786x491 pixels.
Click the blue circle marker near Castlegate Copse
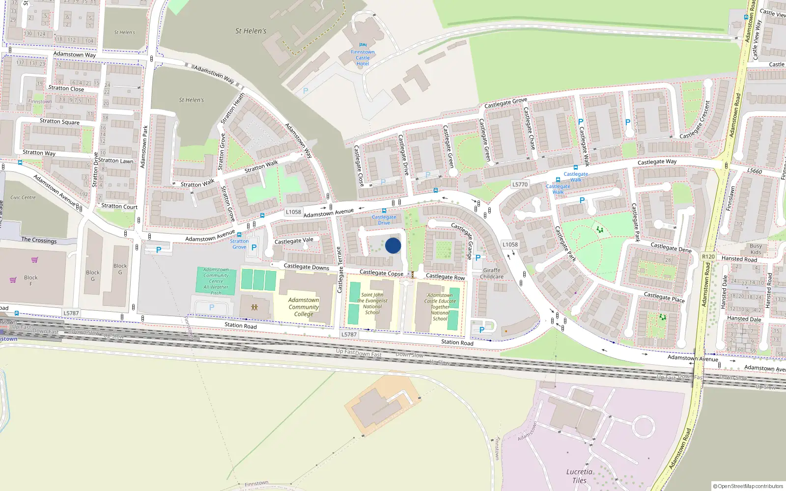[393, 245]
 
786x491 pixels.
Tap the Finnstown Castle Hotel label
[363, 58]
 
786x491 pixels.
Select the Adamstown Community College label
[304, 307]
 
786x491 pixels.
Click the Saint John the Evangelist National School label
[372, 303]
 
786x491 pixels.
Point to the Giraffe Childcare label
[492, 273]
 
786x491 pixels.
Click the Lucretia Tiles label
[579, 476]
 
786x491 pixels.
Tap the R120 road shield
[708, 257]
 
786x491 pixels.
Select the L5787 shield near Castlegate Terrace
[349, 334]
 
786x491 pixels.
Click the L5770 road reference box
[520, 185]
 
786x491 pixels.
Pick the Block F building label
[30, 280]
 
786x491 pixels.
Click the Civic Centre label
[23, 197]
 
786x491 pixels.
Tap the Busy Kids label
[756, 249]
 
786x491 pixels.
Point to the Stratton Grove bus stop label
[239, 244]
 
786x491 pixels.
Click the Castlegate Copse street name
[381, 273]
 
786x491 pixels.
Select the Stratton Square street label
[59, 121]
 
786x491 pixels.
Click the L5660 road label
[755, 171]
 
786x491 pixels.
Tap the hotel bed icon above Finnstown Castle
[363, 45]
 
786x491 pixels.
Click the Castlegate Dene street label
[671, 247]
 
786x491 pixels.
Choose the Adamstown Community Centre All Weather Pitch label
[216, 281]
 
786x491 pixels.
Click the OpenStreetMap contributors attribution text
[748, 486]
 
